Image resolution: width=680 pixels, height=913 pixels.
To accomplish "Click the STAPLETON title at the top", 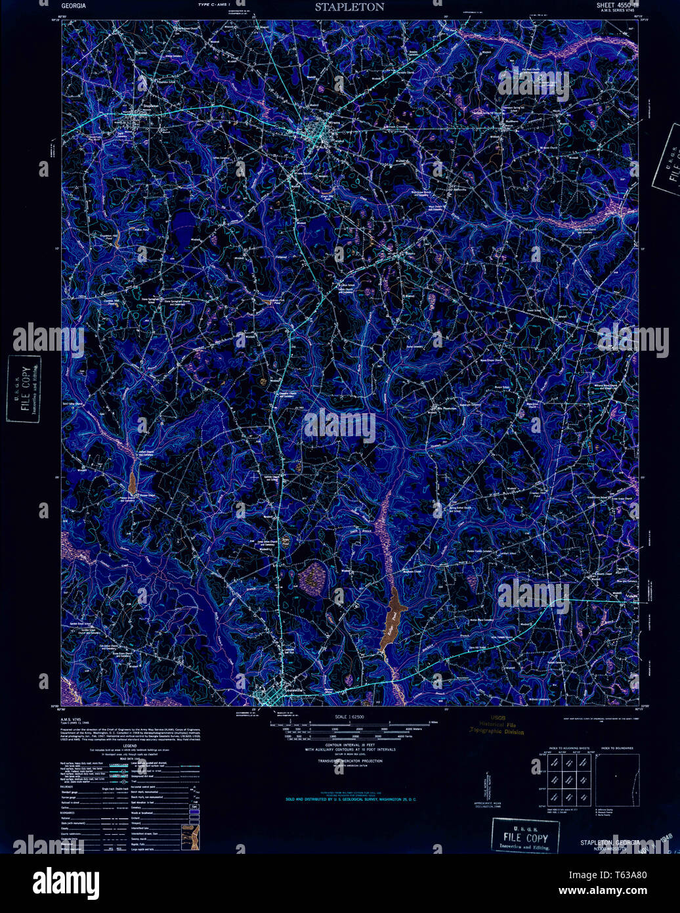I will [349, 7].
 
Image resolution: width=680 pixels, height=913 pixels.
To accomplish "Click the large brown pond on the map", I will [393, 616].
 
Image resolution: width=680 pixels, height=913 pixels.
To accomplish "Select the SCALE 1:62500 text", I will [349, 717].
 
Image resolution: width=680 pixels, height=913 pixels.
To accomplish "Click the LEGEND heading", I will [129, 746].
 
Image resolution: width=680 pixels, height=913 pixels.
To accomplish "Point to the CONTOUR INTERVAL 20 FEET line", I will [349, 745].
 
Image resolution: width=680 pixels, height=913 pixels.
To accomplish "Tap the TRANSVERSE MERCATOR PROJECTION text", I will [349, 761].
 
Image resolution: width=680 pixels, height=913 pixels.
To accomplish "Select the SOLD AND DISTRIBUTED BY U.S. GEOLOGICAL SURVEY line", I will [351, 799].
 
